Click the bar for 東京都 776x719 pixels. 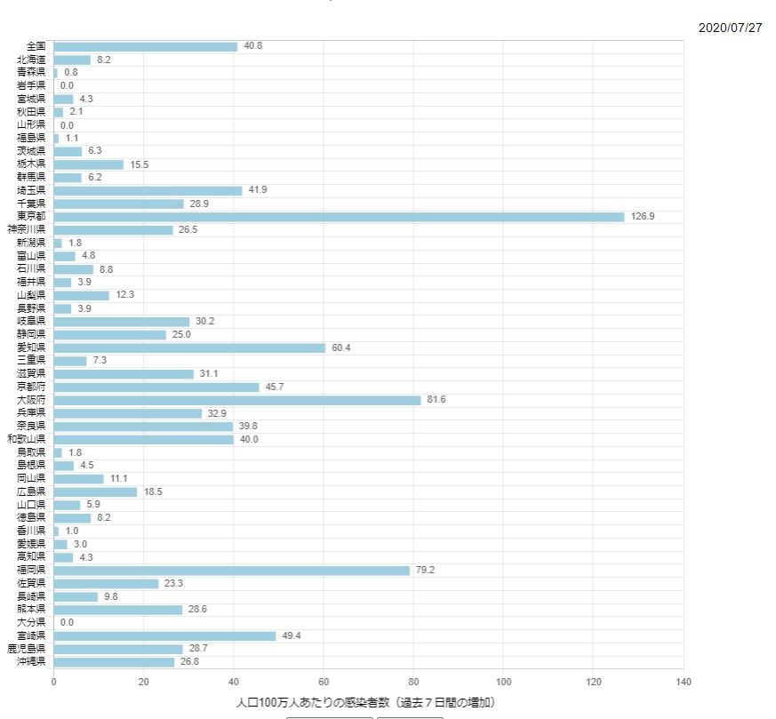(x=339, y=217)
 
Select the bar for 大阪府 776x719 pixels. (x=237, y=400)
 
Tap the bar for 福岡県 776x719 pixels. (x=232, y=571)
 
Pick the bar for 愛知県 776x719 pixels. (x=189, y=348)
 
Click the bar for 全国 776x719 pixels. (x=146, y=46)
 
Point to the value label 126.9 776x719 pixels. (x=643, y=217)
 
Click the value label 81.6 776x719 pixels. (x=436, y=400)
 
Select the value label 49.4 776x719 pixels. (x=292, y=636)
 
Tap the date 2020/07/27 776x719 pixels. (x=730, y=28)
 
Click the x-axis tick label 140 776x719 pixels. (x=684, y=683)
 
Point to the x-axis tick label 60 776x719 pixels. (x=324, y=683)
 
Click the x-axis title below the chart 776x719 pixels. (x=365, y=703)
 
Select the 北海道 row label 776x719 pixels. (x=31, y=60)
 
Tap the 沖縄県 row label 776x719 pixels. (x=31, y=662)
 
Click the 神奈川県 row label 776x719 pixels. (x=26, y=230)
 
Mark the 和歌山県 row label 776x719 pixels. (x=26, y=439)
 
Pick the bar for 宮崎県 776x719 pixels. (x=164, y=636)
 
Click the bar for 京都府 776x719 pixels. (x=156, y=387)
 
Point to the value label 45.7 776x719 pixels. (x=275, y=387)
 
